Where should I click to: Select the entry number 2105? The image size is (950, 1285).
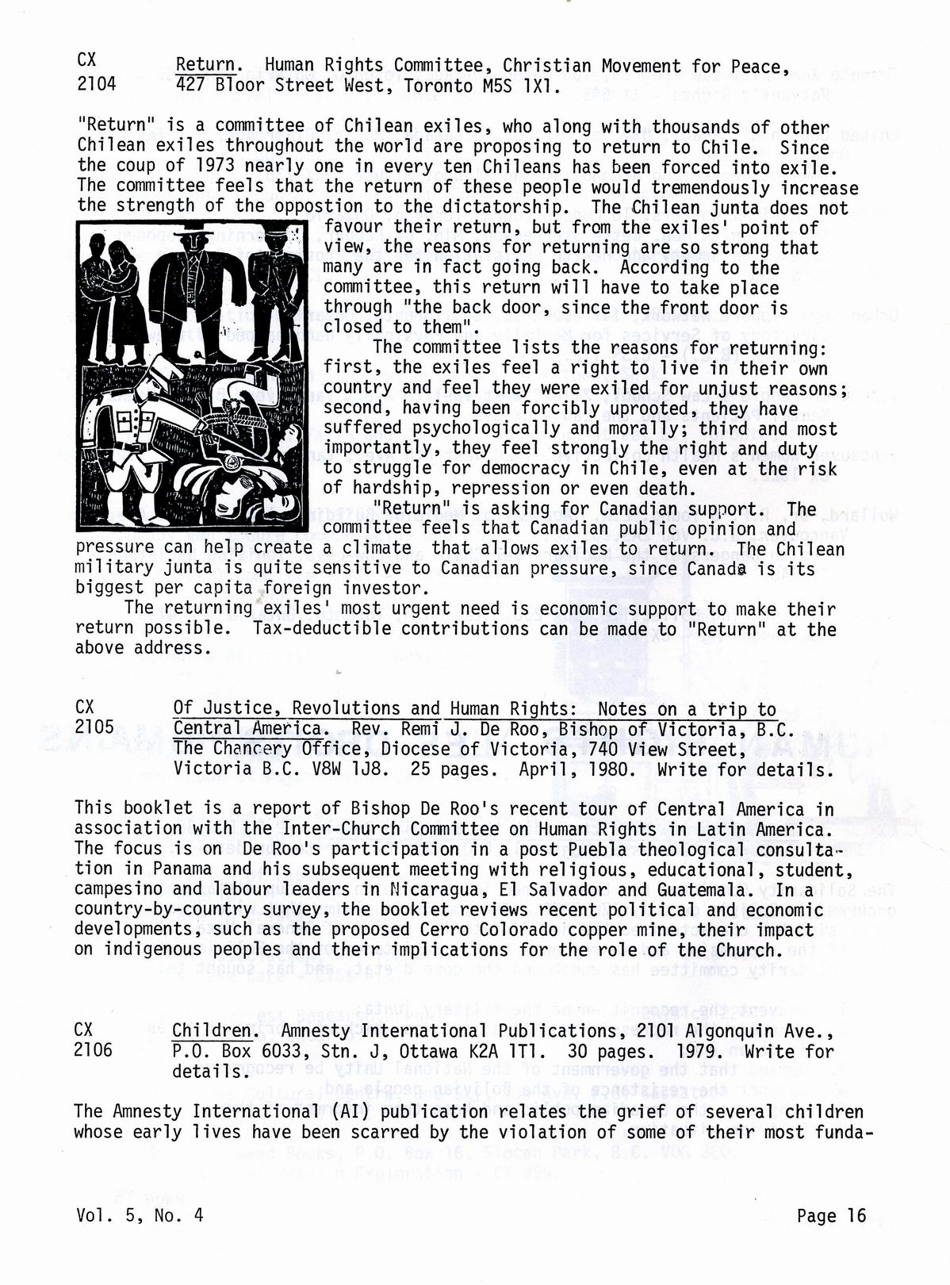pyautogui.click(x=94, y=727)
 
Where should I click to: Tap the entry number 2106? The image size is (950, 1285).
pyautogui.click(x=93, y=1049)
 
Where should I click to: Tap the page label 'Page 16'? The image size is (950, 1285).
pyautogui.click(x=832, y=1216)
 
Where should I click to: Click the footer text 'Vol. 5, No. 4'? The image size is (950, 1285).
pyautogui.click(x=140, y=1216)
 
